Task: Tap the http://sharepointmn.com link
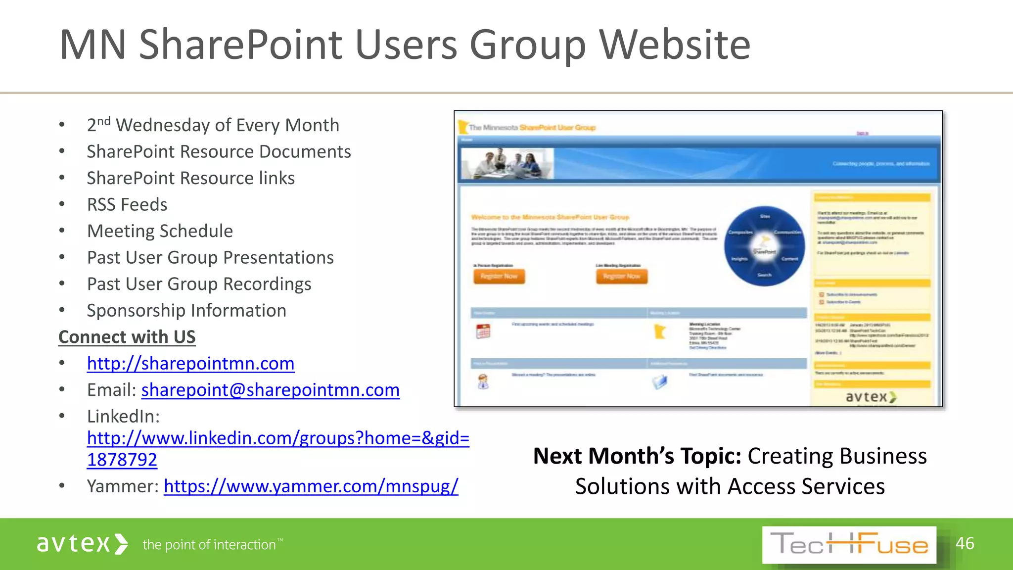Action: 190,364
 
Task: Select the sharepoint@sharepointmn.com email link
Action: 270,390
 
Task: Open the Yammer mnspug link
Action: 311,486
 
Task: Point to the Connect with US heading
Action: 127,337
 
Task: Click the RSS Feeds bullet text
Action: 127,205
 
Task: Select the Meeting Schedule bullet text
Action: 160,231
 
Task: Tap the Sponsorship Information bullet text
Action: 186,311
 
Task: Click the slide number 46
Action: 965,543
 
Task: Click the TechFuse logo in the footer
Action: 849,545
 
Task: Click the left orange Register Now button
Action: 499,276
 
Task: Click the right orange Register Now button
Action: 621,276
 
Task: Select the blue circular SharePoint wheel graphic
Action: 764,246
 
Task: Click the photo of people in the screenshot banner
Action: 507,163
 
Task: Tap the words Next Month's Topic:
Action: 637,456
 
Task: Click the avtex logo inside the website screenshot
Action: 871,397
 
